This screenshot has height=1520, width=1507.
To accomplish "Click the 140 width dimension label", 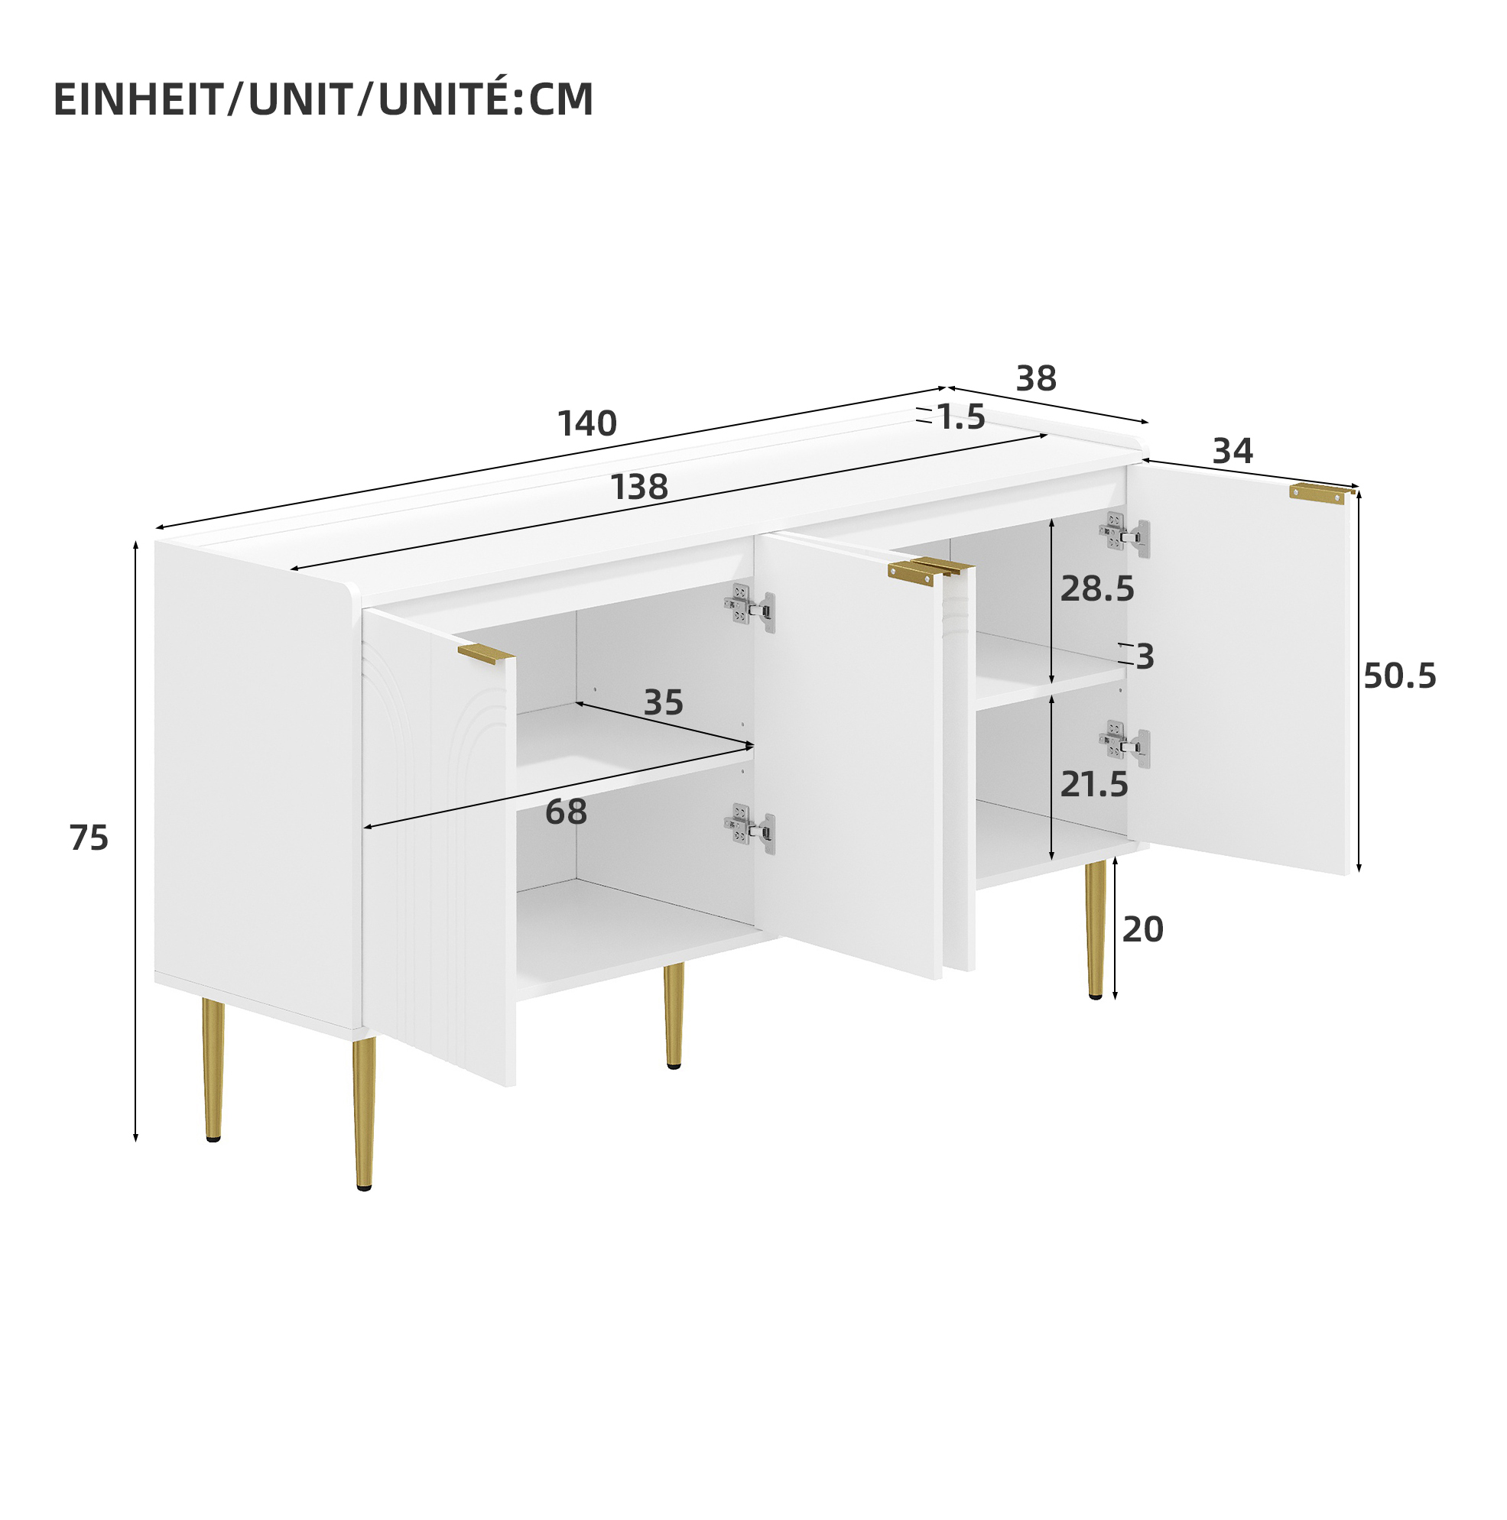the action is click(587, 423).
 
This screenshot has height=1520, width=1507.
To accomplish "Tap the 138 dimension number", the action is click(639, 487).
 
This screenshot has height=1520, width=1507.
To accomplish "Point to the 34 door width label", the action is click(1233, 451).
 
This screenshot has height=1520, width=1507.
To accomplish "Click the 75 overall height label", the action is click(89, 838).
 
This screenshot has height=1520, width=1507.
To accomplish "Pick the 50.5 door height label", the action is click(1400, 676).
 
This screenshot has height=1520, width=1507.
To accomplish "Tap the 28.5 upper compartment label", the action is click(1097, 588).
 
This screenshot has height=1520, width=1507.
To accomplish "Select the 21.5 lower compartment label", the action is click(1094, 784).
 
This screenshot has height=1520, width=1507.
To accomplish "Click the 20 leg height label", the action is click(1142, 929).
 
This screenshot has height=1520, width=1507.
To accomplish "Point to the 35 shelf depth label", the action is click(664, 702).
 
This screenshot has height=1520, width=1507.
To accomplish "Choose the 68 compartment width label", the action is click(566, 811).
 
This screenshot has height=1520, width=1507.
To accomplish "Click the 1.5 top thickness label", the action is click(961, 417).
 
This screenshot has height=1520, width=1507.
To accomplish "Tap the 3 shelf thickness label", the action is click(1145, 656).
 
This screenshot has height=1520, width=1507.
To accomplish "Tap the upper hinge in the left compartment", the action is click(749, 608).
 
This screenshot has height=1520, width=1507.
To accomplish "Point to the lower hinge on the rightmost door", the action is click(1125, 744).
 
